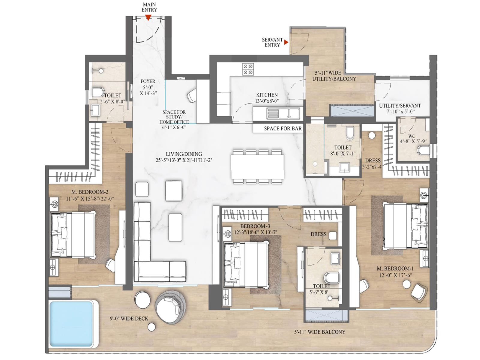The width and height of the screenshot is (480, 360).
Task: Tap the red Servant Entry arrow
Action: coord(286,42)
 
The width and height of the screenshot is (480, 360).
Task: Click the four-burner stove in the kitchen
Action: coord(248,69)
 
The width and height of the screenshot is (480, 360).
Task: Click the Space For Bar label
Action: coord(283,128)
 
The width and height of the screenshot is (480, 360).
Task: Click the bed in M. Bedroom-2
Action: coord(73,234)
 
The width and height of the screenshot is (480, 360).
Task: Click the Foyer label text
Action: coord(148,87)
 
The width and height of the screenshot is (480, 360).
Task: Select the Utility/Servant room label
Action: coord(400,108)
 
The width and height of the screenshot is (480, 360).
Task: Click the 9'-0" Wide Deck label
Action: coord(129,319)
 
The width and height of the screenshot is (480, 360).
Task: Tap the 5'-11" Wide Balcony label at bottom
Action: coord(320,332)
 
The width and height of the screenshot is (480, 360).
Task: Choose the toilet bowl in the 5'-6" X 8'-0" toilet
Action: coord(97,92)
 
